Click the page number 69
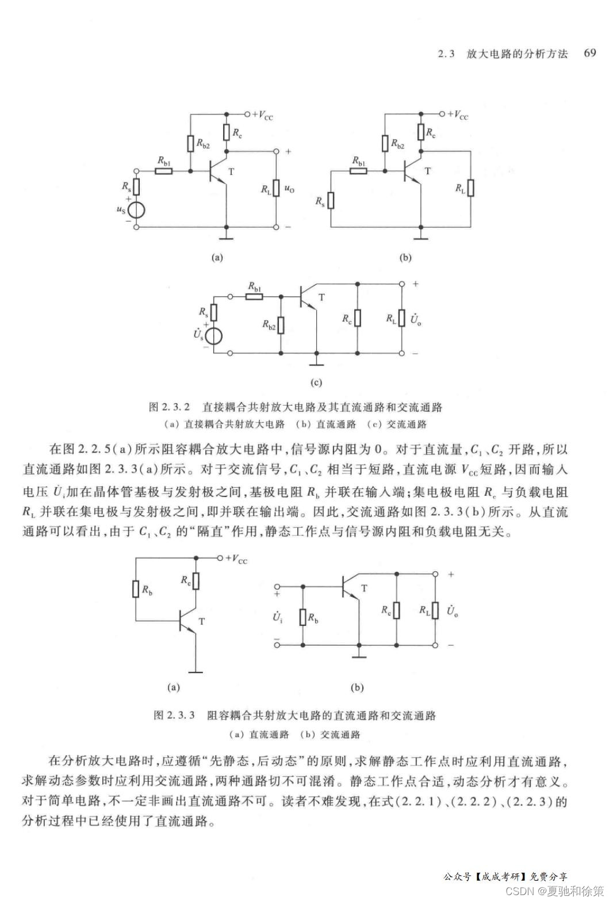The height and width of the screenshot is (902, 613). click(589, 53)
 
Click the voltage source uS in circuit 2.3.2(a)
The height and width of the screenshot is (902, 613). click(136, 210)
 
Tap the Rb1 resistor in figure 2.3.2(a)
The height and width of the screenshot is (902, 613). click(164, 171)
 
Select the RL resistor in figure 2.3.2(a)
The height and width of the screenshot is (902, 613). click(275, 188)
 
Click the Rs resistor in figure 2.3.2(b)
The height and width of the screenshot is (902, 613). click(331, 201)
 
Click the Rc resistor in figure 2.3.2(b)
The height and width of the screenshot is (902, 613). click(422, 132)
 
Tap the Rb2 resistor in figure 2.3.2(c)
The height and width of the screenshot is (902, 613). click(281, 326)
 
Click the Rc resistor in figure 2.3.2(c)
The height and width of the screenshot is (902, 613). click(357, 318)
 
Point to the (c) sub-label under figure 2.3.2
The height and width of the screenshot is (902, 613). click(316, 382)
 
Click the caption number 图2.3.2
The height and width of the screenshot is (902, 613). click(169, 407)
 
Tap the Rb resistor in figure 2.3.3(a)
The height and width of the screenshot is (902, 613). click(136, 589)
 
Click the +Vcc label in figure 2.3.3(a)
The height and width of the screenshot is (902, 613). click(236, 559)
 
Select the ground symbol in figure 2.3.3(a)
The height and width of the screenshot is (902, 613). click(196, 670)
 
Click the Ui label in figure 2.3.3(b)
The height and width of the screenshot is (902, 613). click(278, 617)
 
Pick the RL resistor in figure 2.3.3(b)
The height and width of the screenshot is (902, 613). click(435, 610)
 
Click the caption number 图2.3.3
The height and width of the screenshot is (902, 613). click(174, 716)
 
